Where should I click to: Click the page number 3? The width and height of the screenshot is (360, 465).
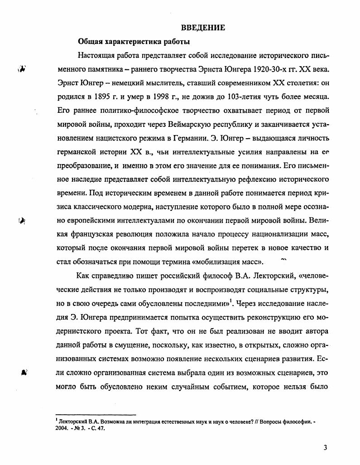325,448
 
